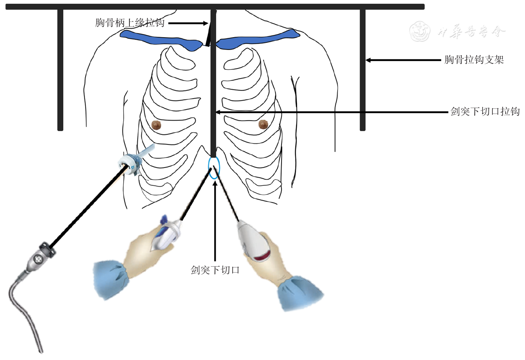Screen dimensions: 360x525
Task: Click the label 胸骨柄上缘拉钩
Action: tap(130, 23)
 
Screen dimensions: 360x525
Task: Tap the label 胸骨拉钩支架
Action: tap(474, 60)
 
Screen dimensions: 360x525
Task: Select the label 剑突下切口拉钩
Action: tap(485, 111)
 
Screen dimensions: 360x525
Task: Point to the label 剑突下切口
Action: tap(215, 270)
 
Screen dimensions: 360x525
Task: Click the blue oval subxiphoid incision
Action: tap(214, 168)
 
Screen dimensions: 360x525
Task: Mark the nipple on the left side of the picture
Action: tap(156, 125)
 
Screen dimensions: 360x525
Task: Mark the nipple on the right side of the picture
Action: tap(263, 124)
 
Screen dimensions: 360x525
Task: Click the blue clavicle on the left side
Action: tap(159, 39)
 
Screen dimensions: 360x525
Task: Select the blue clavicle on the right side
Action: tap(257, 39)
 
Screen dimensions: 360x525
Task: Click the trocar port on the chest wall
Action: tap(131, 162)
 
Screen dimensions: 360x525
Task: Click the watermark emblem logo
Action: tap(420, 32)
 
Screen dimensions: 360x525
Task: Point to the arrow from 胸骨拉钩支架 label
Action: tap(403, 60)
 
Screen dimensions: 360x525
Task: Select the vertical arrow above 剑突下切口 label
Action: tap(215, 220)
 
